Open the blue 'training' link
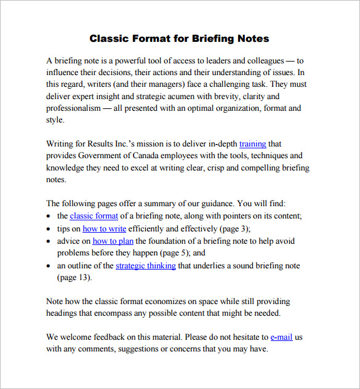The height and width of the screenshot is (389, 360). tap(252, 144)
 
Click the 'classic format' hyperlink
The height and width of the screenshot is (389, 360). tap(94, 215)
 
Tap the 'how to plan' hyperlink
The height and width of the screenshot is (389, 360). tap(113, 241)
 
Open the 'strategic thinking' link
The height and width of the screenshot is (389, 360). tap(145, 266)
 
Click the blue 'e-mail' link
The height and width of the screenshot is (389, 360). tap(281, 337)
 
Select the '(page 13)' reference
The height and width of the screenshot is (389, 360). tap(74, 278)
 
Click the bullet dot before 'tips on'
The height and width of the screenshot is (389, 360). tap(49, 229)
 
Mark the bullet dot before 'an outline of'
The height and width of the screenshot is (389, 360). tap(49, 267)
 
